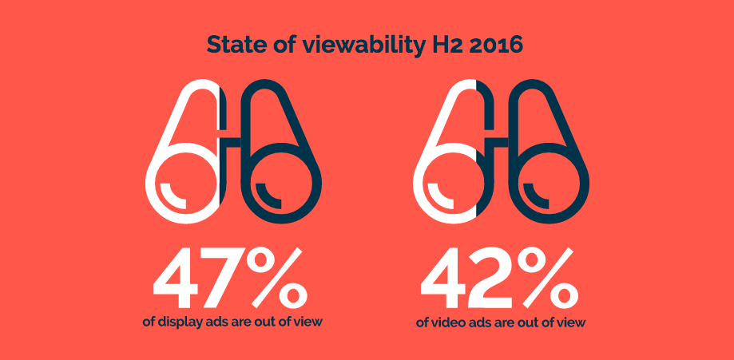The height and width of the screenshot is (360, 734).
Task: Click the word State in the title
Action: point(232,45)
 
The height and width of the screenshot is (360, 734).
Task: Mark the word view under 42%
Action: point(570,323)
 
